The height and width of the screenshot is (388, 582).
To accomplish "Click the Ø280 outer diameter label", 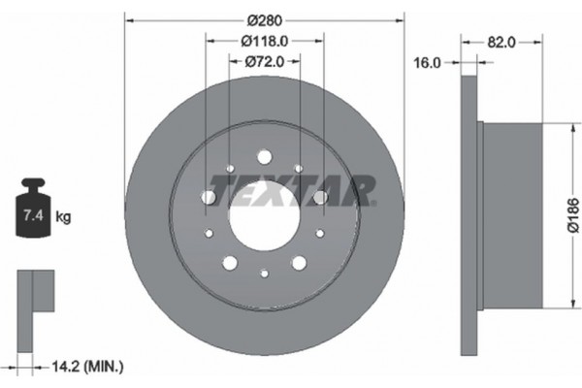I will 264,19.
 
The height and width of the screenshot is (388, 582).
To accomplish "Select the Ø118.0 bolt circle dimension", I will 264,41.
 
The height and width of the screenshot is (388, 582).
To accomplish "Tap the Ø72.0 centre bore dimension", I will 264,61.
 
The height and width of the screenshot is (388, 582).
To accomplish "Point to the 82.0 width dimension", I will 501,42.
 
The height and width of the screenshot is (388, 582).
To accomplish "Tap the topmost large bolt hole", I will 264,157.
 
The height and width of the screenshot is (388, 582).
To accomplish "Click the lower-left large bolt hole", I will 229,263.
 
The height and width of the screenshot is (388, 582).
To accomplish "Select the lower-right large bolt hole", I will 300,263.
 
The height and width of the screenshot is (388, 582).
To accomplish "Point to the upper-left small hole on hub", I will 230,170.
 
